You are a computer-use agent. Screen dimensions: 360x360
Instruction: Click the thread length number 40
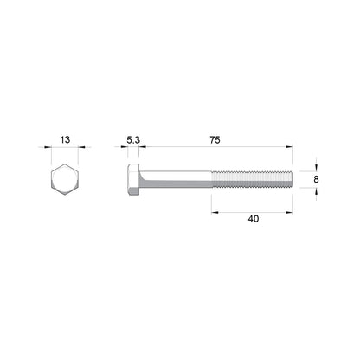pos(253,220)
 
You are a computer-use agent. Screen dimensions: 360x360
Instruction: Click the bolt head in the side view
pos(134,180)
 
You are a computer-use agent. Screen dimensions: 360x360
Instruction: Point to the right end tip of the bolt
pos(292,180)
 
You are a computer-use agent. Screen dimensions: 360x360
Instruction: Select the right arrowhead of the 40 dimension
pos(291,210)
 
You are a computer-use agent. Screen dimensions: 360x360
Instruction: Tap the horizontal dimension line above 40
pos(253,210)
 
